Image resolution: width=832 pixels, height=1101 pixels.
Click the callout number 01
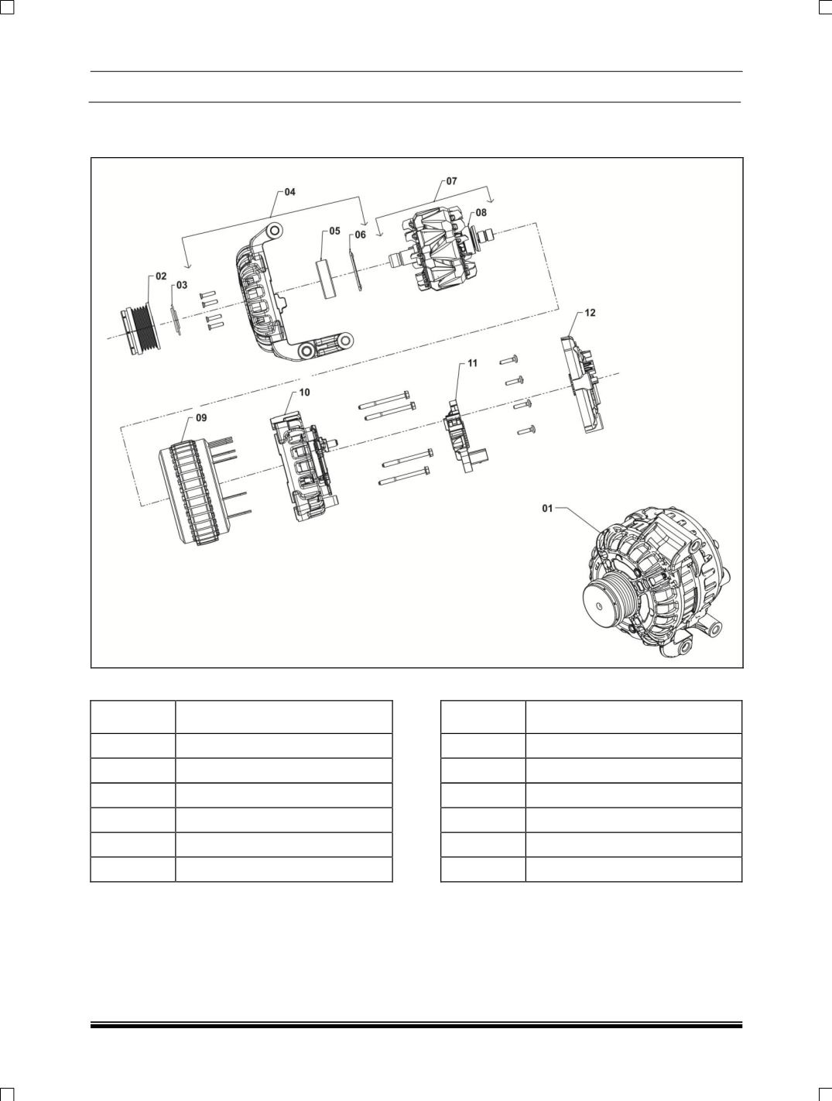coord(547,509)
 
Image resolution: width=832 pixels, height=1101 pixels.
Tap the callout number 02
coord(161,276)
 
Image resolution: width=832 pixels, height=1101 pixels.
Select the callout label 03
coord(181,285)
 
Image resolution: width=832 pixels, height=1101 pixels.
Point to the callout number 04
coord(289,191)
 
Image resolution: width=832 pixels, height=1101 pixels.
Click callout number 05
coord(334,231)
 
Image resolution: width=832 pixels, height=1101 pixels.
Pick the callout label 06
coord(361,235)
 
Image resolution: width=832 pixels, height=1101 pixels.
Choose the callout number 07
coord(451,181)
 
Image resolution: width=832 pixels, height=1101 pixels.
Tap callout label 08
coord(481,212)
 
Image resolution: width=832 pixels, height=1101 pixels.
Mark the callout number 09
coord(200,417)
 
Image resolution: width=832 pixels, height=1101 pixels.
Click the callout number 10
coord(304,393)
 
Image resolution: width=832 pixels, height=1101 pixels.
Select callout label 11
coord(472,363)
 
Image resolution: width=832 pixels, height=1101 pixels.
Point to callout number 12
coord(591,313)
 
